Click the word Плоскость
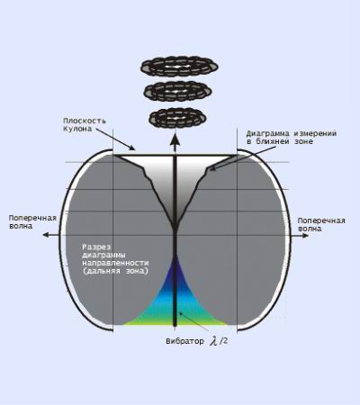click(x=85, y=121)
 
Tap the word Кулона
click(x=77, y=129)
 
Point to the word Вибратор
click(x=184, y=341)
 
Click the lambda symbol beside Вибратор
click(x=214, y=341)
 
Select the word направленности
click(x=115, y=263)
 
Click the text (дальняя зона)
click(x=115, y=271)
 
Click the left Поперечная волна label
click(x=32, y=222)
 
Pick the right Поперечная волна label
click(x=321, y=225)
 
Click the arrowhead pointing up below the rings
click(x=175, y=140)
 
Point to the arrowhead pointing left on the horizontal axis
click(x=47, y=235)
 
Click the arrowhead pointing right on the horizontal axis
click(x=304, y=235)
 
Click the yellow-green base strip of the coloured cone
click(x=175, y=323)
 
